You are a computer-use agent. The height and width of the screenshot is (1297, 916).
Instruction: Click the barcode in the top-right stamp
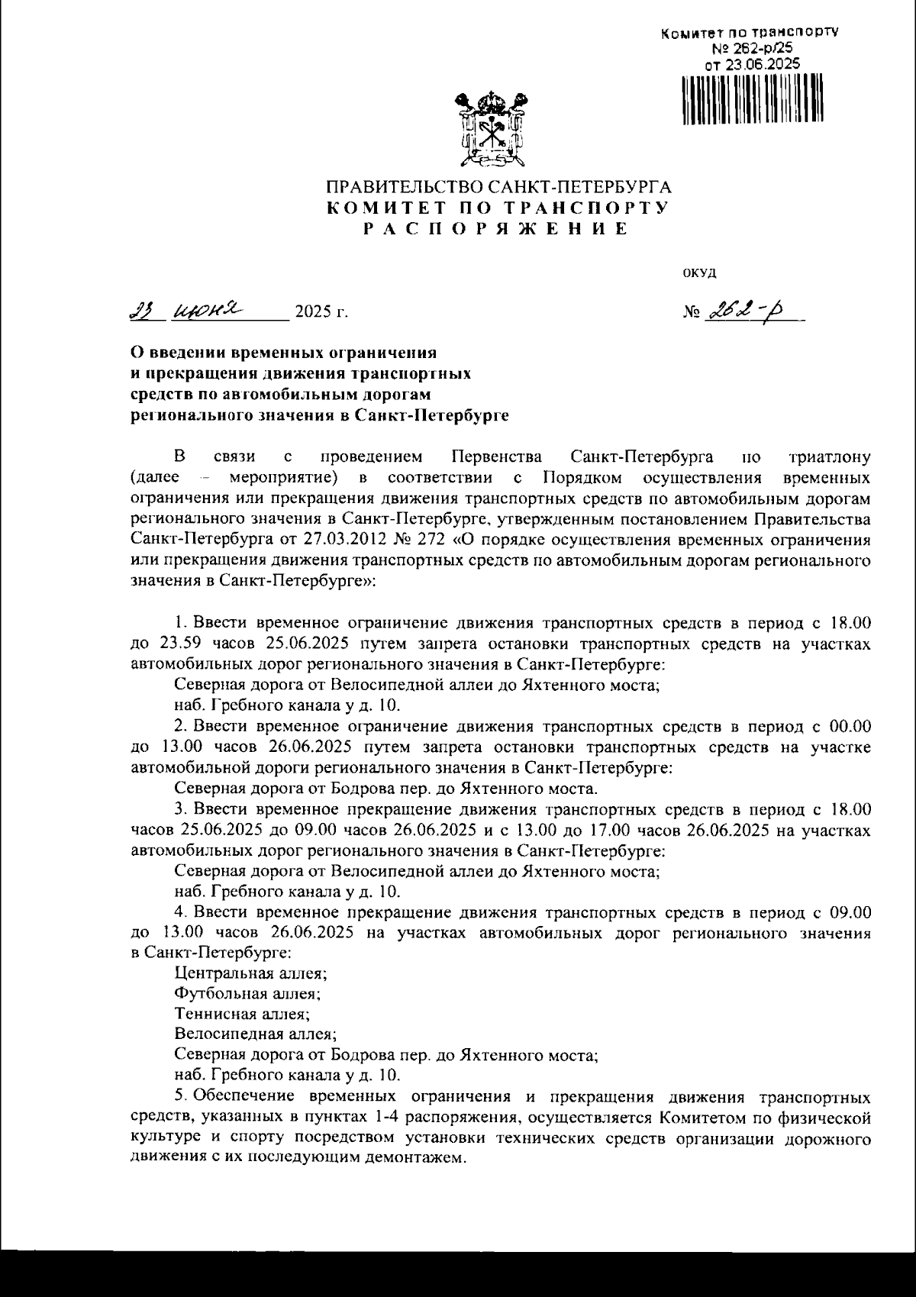pyautogui.click(x=751, y=99)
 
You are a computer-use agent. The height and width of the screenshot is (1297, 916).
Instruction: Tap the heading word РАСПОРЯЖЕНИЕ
pyautogui.click(x=496, y=228)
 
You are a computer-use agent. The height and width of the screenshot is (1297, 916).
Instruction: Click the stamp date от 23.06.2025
pyautogui.click(x=753, y=65)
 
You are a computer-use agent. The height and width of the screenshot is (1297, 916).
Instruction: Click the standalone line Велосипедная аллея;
pyautogui.click(x=255, y=1035)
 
